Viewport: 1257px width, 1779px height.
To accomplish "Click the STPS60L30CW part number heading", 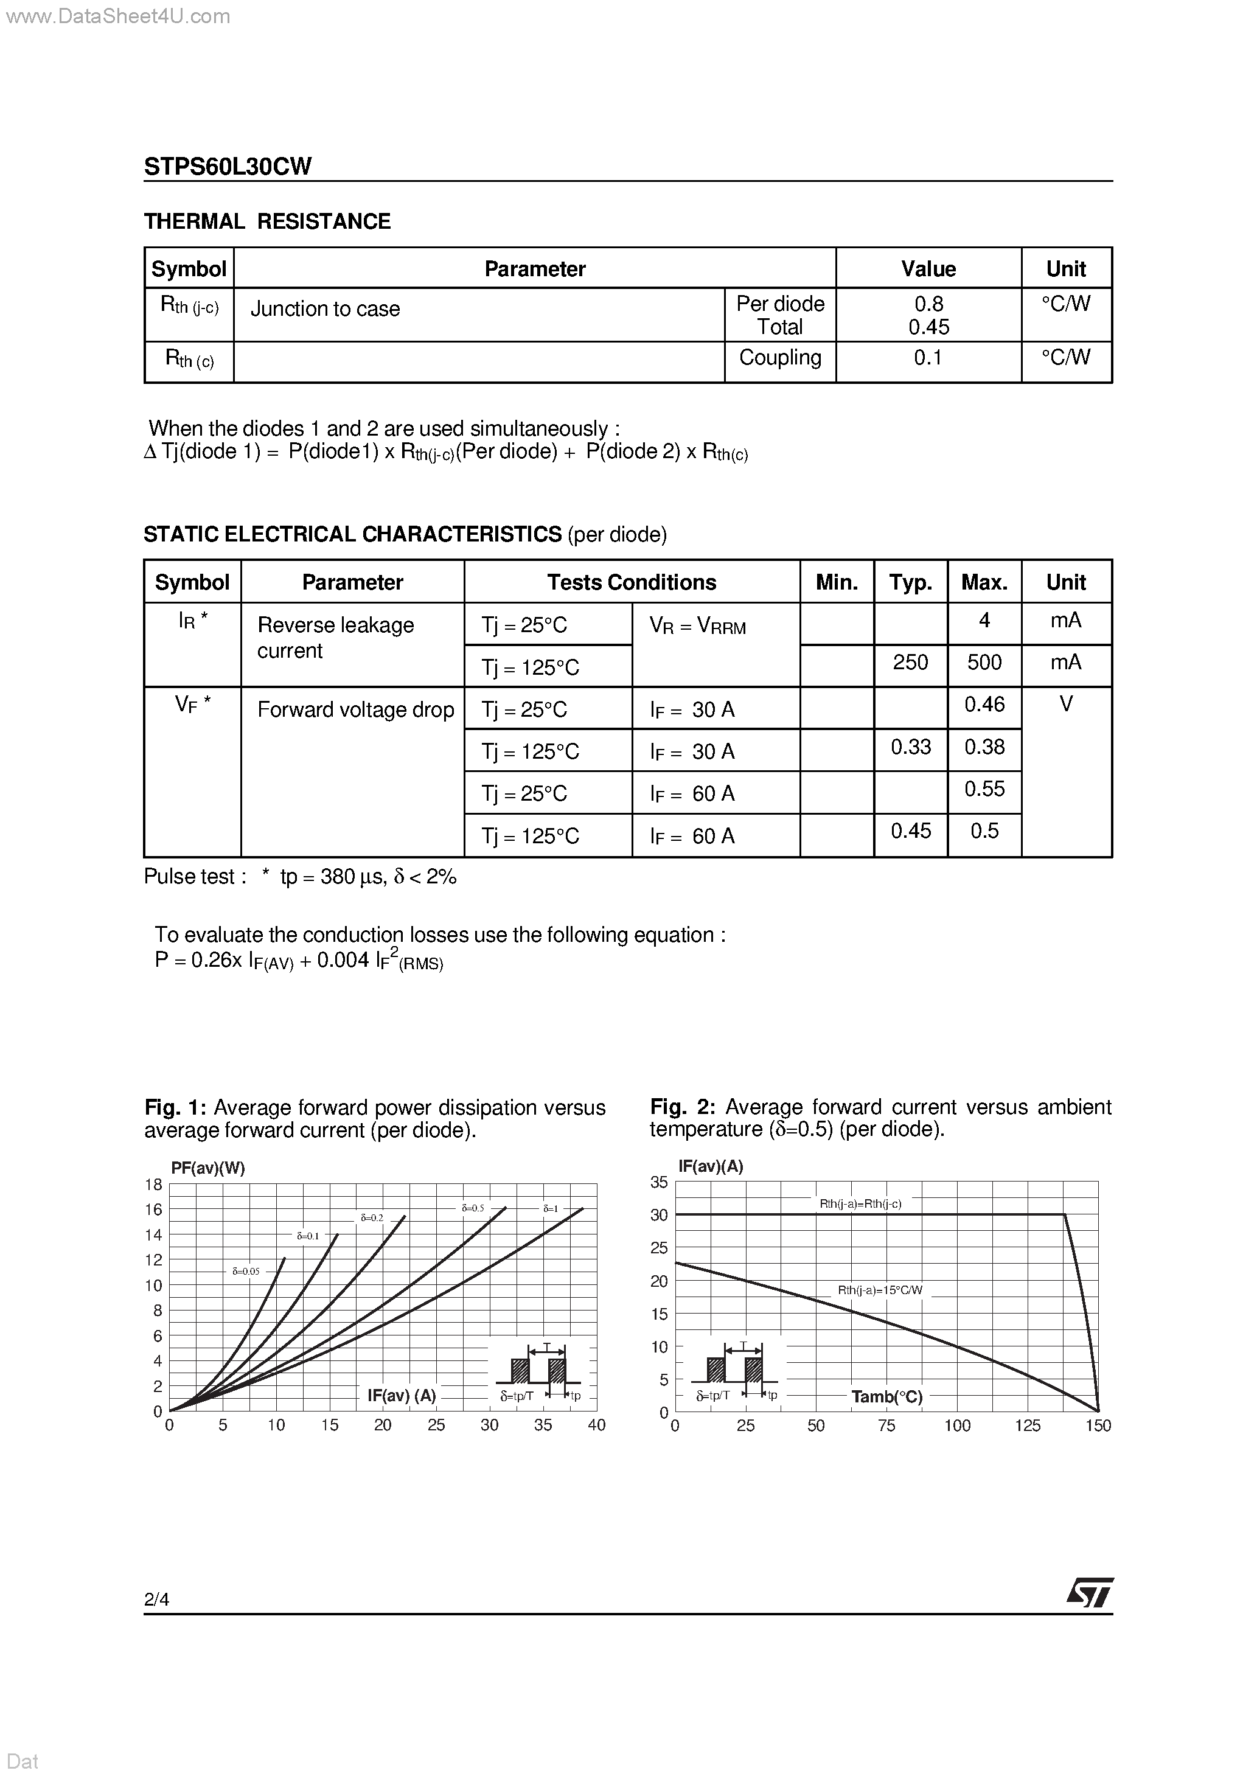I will (228, 167).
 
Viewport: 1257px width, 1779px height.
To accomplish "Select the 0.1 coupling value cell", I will (928, 358).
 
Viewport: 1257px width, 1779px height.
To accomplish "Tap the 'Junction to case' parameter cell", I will (325, 309).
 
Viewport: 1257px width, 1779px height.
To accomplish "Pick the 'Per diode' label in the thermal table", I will (779, 304).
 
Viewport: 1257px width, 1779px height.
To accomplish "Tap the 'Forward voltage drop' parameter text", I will (355, 710).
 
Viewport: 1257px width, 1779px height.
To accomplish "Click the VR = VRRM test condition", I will (697, 627).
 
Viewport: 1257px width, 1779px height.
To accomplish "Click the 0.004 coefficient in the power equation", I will (343, 961).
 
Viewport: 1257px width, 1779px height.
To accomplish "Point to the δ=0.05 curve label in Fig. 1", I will (246, 1272).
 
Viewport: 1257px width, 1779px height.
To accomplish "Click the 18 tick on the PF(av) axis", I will (153, 1185).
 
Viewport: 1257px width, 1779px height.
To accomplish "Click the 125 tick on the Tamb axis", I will (1027, 1426).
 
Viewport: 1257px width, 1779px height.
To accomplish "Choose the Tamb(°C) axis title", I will (886, 1397).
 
